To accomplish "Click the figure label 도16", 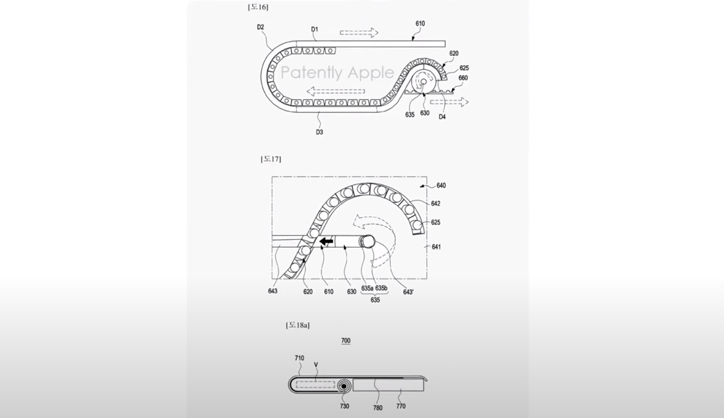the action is [x=257, y=7].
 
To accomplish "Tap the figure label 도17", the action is [x=271, y=159].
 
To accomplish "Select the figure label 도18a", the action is [x=298, y=325].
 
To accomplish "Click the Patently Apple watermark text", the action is [x=337, y=73].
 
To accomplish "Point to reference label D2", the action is [x=260, y=27].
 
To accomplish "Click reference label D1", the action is [x=315, y=29].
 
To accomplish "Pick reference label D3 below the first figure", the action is [x=320, y=132].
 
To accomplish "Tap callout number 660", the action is [x=463, y=78].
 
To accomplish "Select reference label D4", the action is [x=442, y=117].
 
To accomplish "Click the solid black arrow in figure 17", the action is [x=327, y=241].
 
